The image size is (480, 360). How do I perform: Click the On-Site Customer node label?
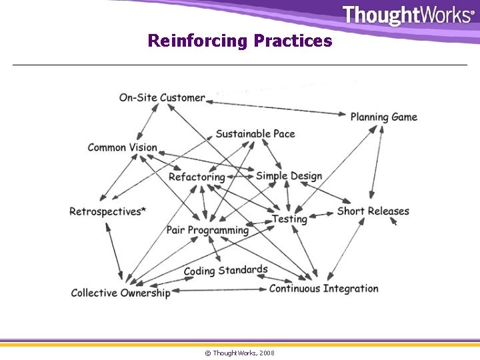[x=162, y=98]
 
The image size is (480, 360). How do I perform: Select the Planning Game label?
[x=384, y=117]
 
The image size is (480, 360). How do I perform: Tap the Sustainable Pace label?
[x=255, y=134]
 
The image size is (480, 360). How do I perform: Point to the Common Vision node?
[x=123, y=147]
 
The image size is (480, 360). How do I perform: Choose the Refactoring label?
[x=197, y=177]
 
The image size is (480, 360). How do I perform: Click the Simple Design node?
[x=289, y=176]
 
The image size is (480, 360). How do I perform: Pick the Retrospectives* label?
[x=108, y=212]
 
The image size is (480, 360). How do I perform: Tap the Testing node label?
[x=289, y=219]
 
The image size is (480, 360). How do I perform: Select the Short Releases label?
[x=373, y=211]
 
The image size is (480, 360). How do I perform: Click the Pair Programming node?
[x=207, y=231]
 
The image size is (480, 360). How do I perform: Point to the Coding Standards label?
[x=225, y=271]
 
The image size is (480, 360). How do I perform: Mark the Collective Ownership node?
[x=121, y=293]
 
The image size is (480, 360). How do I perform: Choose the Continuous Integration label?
[x=323, y=289]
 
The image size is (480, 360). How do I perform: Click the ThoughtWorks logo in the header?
[x=407, y=15]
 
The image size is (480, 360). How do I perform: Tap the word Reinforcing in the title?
[x=197, y=41]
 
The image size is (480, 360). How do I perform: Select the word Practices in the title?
[x=293, y=41]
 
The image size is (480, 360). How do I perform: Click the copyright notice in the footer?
[x=239, y=353]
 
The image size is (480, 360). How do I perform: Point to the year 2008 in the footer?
[x=267, y=353]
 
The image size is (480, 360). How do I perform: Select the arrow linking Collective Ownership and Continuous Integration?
[x=220, y=290]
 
